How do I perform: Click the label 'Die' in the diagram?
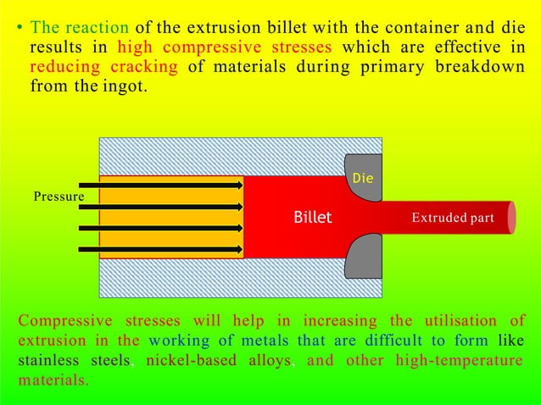click(362, 179)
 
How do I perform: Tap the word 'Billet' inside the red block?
click(312, 218)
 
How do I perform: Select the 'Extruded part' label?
click(453, 218)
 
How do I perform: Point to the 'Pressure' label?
click(59, 197)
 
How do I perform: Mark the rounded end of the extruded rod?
click(511, 217)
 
